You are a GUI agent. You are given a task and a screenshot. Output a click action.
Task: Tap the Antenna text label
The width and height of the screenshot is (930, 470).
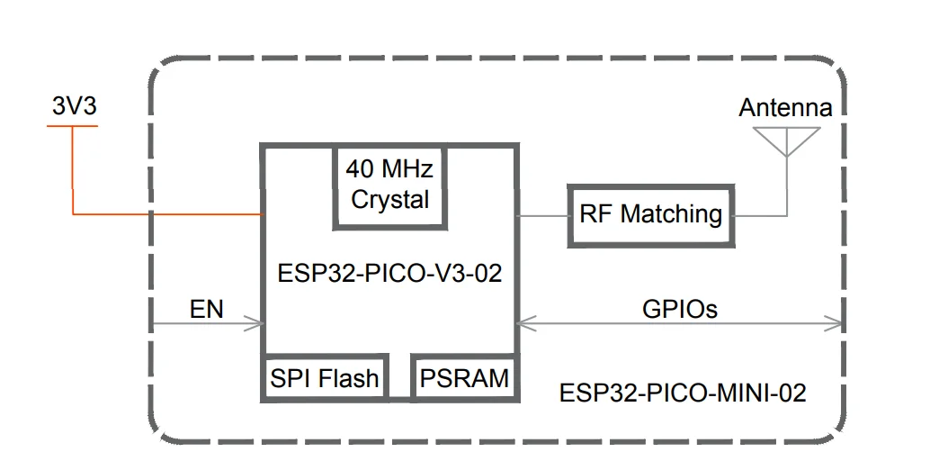[785, 108]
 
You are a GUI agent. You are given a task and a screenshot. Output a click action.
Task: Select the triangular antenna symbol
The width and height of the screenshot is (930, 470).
[786, 140]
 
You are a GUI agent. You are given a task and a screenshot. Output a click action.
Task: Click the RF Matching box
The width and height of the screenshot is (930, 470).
[650, 215]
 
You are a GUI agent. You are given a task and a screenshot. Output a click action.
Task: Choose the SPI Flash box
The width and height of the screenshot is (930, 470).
[324, 378]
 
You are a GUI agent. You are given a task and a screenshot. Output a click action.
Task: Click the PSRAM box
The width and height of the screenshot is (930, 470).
[464, 378]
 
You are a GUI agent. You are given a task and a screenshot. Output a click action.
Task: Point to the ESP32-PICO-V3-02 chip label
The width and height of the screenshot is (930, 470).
[389, 274]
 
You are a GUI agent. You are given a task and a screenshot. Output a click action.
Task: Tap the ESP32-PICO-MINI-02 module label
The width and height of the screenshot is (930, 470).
[683, 393]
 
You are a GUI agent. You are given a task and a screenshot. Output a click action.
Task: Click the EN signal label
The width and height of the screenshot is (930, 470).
[206, 310]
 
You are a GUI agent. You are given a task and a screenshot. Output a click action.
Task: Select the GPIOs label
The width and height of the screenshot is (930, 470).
[680, 309]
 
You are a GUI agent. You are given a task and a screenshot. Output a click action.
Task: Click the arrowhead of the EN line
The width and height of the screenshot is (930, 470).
[254, 324]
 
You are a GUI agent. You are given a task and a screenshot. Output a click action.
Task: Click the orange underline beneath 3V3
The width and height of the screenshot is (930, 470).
[73, 126]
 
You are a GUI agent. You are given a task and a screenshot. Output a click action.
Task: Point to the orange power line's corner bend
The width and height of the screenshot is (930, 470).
[73, 214]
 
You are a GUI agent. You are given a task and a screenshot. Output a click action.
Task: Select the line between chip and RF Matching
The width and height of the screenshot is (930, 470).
[543, 215]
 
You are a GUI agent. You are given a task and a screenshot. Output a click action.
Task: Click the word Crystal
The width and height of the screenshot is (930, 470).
[390, 200]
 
